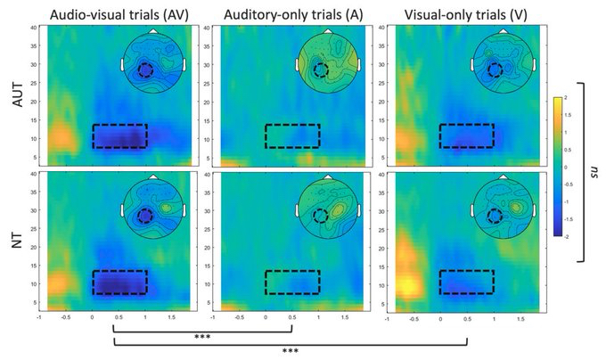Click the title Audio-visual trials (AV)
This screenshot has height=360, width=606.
pyautogui.click(x=119, y=13)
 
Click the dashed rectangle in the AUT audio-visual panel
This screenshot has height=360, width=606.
pyautogui.click(x=119, y=136)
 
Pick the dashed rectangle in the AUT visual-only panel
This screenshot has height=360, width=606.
pyautogui.click(x=466, y=136)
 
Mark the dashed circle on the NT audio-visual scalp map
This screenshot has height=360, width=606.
pyautogui.click(x=146, y=217)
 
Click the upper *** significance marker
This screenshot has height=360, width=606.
pyautogui.click(x=201, y=338)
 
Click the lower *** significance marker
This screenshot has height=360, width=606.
pyautogui.click(x=289, y=351)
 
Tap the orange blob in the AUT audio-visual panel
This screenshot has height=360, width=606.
pyautogui.click(x=59, y=138)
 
